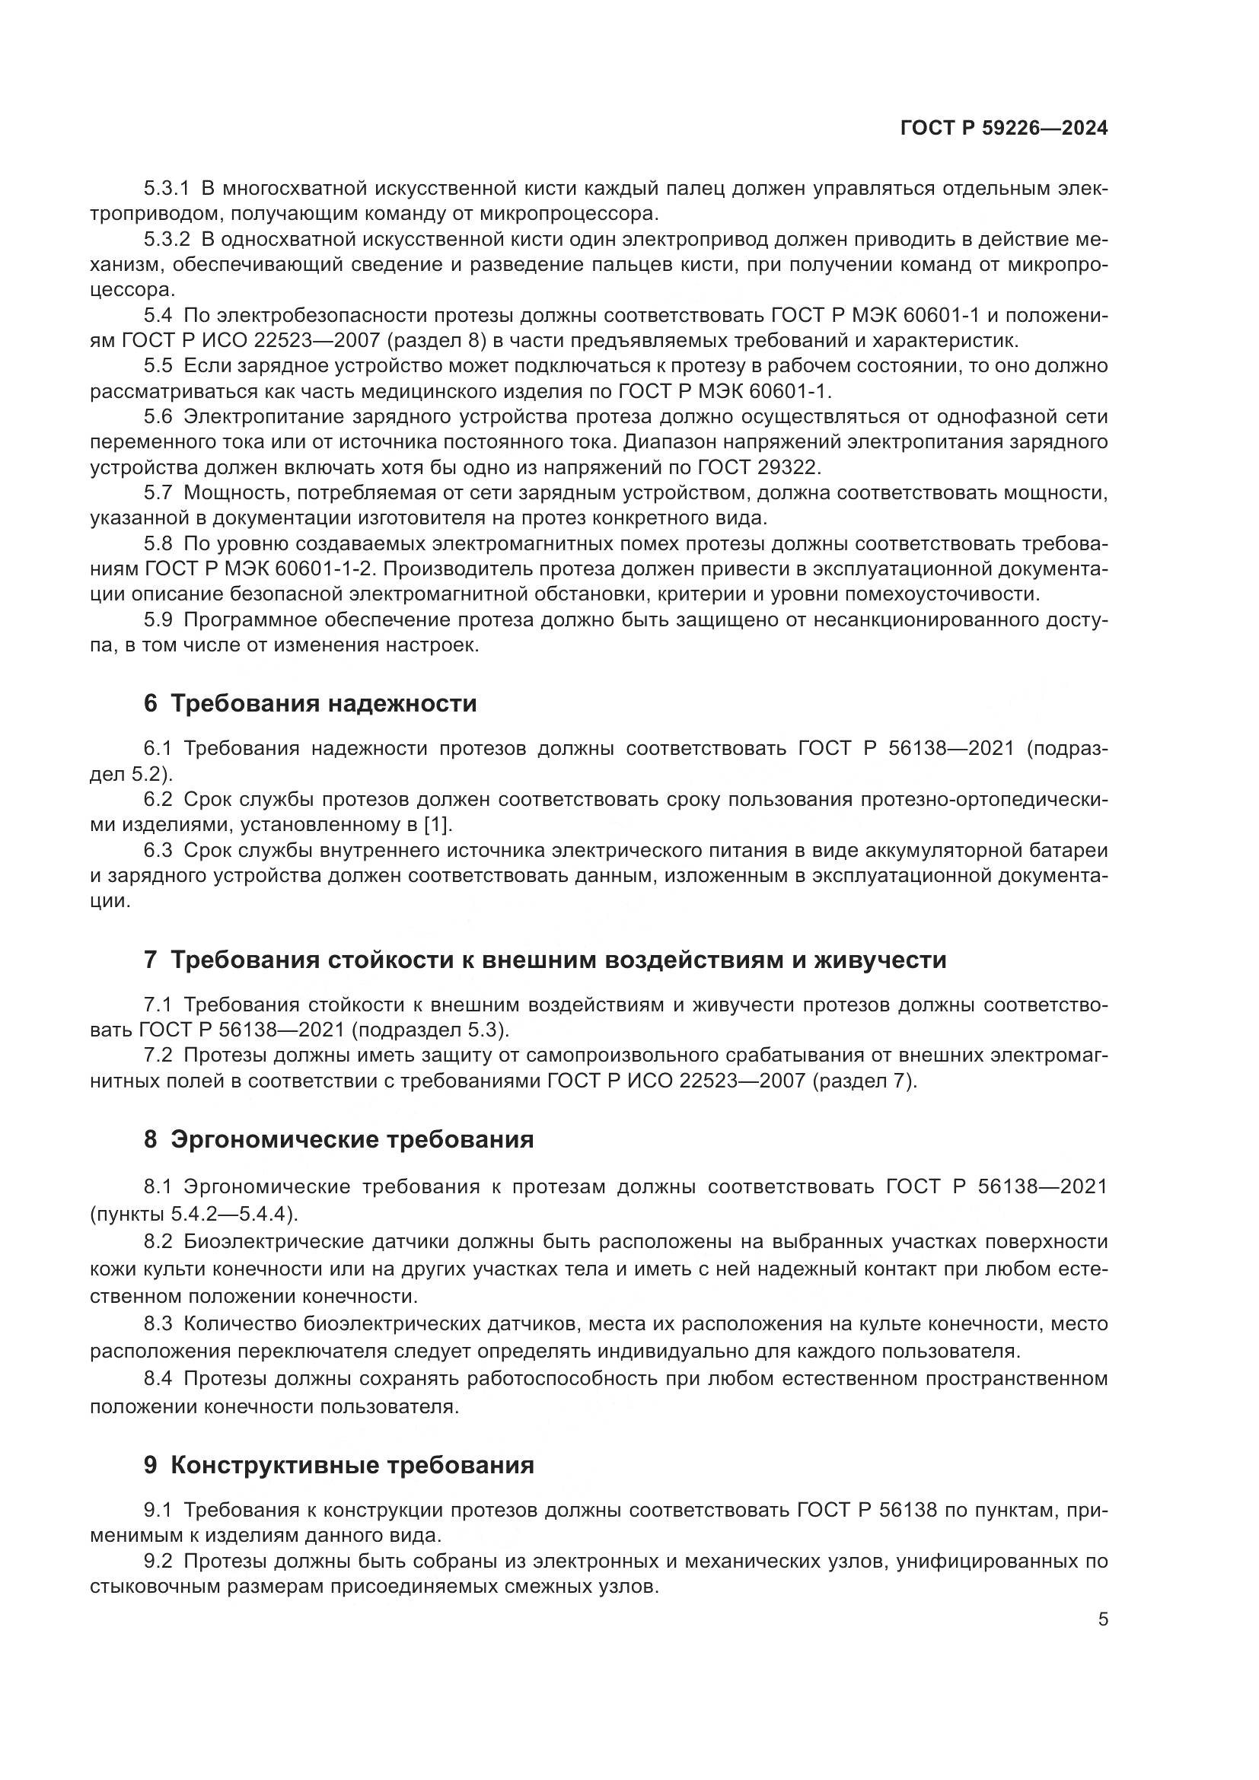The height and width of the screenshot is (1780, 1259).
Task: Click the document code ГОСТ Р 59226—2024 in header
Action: point(1003,129)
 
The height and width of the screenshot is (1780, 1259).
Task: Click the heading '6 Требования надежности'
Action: point(310,704)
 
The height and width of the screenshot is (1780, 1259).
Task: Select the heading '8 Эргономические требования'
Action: point(339,1140)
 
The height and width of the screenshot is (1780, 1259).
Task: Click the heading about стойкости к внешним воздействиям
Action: point(545,960)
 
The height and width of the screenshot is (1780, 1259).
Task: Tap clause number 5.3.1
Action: point(167,189)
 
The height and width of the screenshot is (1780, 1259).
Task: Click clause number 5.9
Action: point(159,619)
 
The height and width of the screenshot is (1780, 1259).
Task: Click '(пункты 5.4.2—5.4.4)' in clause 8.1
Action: point(194,1213)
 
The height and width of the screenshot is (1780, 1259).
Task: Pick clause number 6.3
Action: point(159,851)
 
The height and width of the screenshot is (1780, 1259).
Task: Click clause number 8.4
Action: point(159,1379)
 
